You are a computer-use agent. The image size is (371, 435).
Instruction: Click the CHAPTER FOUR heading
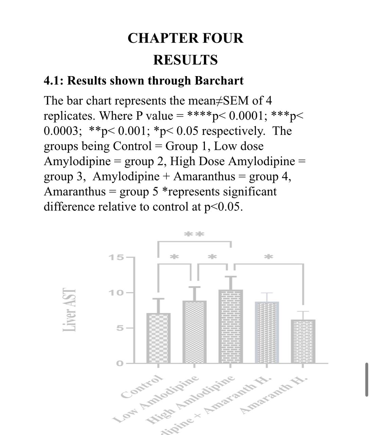point(185,38)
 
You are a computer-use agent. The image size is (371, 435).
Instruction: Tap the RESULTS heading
point(185,60)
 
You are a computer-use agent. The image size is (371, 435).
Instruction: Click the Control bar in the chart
point(158,338)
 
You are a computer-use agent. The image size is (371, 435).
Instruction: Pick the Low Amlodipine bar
point(195,332)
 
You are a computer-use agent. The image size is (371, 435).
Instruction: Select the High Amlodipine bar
point(231,326)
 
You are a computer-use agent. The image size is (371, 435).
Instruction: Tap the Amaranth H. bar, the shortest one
point(303,341)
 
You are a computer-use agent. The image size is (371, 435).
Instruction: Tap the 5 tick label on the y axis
point(119,328)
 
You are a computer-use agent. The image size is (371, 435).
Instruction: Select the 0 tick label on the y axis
point(119,363)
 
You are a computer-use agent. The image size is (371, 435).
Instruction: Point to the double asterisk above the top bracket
point(194,234)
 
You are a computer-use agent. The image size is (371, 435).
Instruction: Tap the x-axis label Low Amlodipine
point(158,398)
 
